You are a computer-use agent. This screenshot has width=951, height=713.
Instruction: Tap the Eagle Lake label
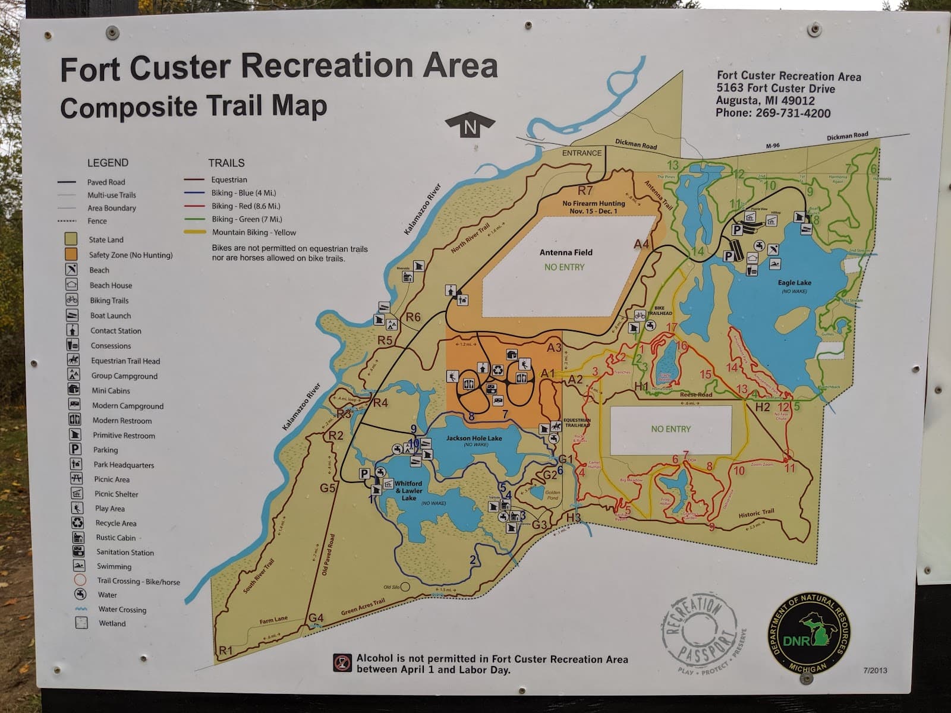point(794,283)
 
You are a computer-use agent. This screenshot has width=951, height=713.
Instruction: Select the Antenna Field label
point(565,253)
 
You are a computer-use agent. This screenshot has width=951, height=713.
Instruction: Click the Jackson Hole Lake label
point(474,438)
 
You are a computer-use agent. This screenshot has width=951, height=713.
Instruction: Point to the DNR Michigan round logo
point(808,633)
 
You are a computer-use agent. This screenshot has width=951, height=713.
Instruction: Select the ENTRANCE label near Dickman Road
point(581,153)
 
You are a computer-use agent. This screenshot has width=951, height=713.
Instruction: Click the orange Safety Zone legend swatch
point(71,254)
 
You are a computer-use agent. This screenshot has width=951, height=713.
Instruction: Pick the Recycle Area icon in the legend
point(77,523)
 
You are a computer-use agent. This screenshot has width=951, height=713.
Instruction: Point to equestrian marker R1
point(225,651)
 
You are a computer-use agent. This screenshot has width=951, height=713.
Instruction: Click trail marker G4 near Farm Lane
point(316,618)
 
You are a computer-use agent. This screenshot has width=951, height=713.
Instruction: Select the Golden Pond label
point(553,495)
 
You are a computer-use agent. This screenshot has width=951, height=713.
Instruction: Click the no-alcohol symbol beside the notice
point(342,663)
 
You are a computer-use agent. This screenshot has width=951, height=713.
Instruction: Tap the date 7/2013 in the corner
point(874,670)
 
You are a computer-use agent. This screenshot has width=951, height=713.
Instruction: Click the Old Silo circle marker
point(405,587)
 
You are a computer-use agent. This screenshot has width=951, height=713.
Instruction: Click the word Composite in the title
point(128,108)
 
